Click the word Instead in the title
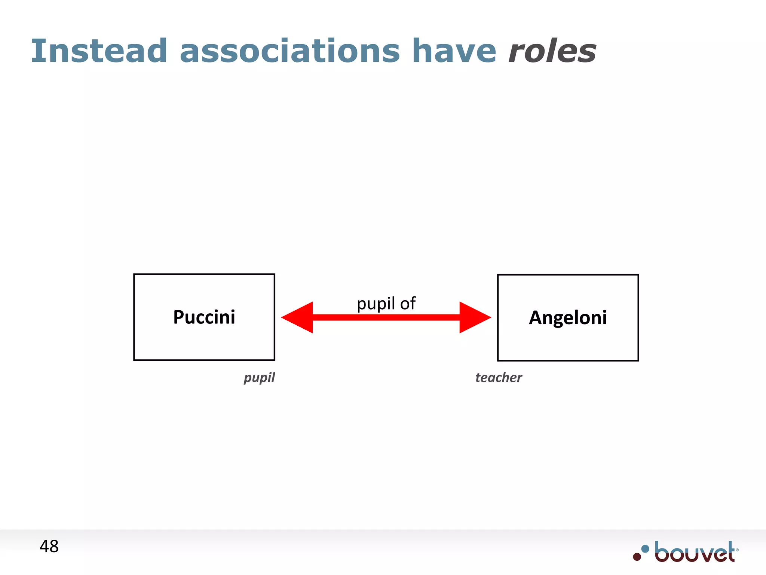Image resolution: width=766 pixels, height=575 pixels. pyautogui.click(x=99, y=51)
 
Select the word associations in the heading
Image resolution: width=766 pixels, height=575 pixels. pyautogui.click(x=290, y=51)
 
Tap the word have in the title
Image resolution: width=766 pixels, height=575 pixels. pyautogui.click(x=454, y=51)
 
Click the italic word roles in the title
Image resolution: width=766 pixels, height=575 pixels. pyautogui.click(x=552, y=51)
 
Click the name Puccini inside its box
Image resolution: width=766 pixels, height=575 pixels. pyautogui.click(x=204, y=317)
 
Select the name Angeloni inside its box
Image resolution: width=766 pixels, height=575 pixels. pyautogui.click(x=568, y=317)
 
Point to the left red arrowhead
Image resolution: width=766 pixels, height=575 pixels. pyautogui.click(x=297, y=317)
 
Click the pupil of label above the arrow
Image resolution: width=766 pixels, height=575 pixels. pyautogui.click(x=386, y=303)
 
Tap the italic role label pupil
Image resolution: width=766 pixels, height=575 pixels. pyautogui.click(x=259, y=378)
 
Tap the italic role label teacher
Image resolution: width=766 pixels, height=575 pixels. pyautogui.click(x=499, y=377)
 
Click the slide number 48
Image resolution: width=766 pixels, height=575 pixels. pyautogui.click(x=49, y=547)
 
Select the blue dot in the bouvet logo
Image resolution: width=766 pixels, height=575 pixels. pyautogui.click(x=645, y=549)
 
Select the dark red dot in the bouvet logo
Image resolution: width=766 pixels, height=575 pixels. pyautogui.click(x=637, y=557)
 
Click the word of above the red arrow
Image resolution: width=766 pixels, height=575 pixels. pyautogui.click(x=408, y=303)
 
